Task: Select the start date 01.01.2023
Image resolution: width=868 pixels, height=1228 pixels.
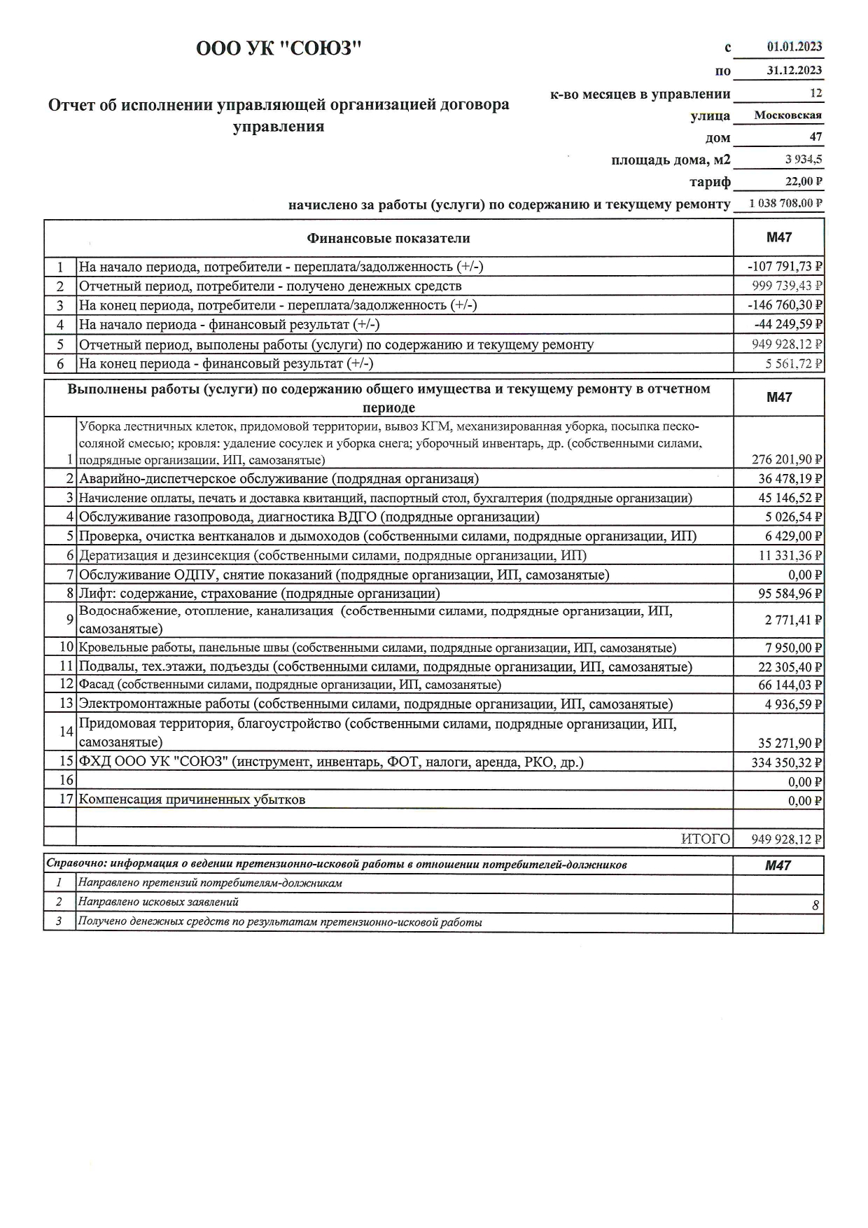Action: point(794,47)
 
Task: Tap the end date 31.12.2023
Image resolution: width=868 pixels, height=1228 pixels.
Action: point(794,70)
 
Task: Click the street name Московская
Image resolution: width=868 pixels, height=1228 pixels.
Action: point(787,116)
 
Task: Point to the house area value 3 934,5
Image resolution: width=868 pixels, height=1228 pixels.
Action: point(804,160)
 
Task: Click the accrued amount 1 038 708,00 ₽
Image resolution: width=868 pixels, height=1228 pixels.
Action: point(785,204)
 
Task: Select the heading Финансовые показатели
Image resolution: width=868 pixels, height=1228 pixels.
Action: point(388,239)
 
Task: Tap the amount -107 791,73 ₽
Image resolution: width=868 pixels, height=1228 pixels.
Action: point(784,267)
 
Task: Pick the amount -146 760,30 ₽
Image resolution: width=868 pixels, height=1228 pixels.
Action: point(784,305)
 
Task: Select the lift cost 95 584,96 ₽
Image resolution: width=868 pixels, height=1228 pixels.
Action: point(790,594)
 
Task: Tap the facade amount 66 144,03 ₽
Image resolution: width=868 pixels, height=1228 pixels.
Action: point(790,685)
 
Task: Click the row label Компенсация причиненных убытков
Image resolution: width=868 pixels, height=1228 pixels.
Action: point(192,800)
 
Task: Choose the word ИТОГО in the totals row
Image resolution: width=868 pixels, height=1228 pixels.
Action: point(706,839)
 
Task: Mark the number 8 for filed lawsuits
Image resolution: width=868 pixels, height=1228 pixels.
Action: point(815,905)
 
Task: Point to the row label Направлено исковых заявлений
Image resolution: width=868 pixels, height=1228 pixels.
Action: point(158,902)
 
